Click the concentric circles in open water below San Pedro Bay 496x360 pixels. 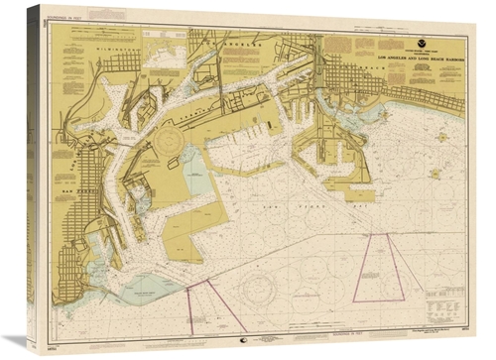(x=260, y=287)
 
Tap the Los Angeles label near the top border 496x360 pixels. (x=238, y=45)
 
